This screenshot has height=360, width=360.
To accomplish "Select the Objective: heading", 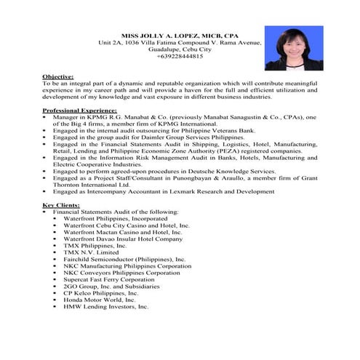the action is [58, 76].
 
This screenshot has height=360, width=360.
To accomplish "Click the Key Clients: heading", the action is [61, 205].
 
